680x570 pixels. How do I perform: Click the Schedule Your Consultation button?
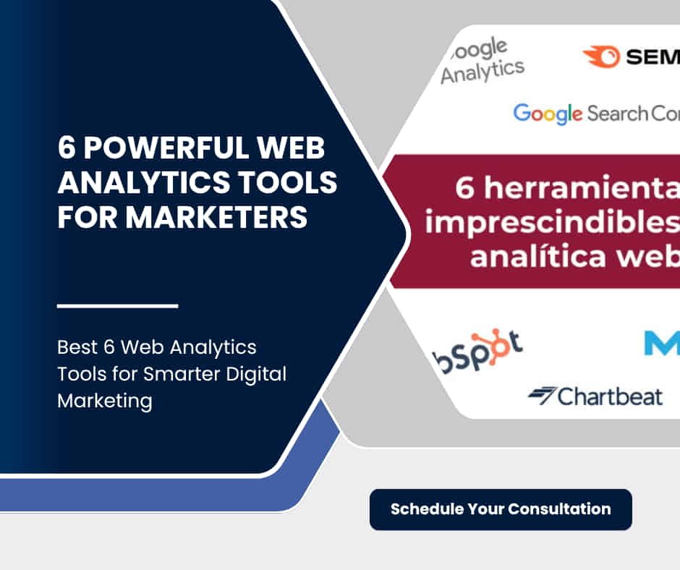[x=501, y=509]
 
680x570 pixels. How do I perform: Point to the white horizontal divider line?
[x=117, y=306]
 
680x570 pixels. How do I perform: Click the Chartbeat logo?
[x=595, y=396]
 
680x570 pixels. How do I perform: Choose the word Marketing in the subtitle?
[x=104, y=400]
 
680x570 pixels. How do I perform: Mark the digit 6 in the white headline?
[x=67, y=150]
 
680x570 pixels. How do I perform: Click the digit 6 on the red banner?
[x=465, y=189]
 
